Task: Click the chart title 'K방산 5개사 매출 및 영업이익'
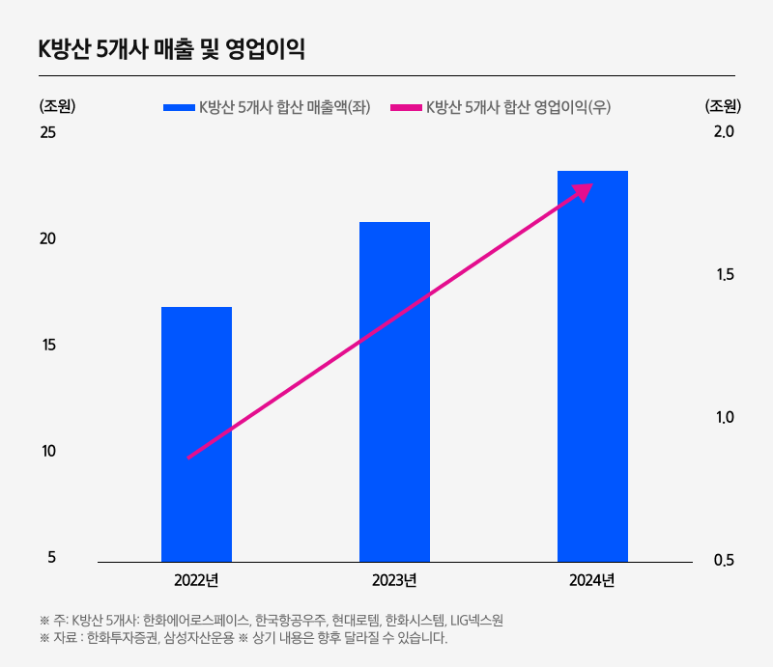click(x=171, y=50)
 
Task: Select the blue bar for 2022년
click(x=196, y=433)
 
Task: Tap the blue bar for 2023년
click(x=394, y=391)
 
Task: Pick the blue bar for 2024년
click(x=592, y=366)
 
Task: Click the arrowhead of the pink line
click(x=583, y=190)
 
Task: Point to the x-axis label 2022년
click(x=196, y=580)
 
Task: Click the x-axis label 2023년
click(x=394, y=580)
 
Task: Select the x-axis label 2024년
click(x=592, y=580)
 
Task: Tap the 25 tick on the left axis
click(x=47, y=131)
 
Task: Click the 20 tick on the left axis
click(x=47, y=238)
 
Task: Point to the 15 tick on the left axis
click(x=47, y=345)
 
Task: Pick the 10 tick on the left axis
click(x=47, y=451)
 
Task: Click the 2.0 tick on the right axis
click(x=724, y=131)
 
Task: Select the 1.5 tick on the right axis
click(x=724, y=275)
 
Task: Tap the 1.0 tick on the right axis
click(x=724, y=418)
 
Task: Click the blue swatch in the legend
click(x=179, y=107)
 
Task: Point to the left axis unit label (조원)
click(x=57, y=106)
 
